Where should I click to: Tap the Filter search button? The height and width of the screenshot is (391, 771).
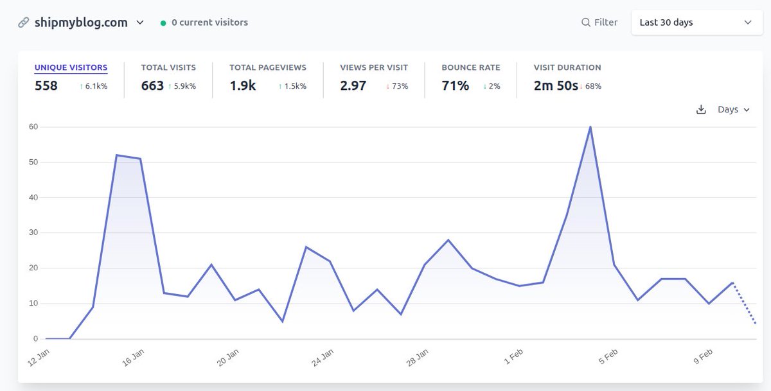599,22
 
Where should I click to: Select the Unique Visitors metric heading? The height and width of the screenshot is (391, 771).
71,67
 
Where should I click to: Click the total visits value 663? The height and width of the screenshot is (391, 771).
152,86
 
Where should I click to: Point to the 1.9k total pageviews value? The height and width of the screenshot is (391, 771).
243,86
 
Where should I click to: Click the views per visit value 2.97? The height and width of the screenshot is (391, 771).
353,86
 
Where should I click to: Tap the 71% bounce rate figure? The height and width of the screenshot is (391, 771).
455,86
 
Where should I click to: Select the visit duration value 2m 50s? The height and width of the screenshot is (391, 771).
556,86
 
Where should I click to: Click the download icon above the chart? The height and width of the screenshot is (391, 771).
701,110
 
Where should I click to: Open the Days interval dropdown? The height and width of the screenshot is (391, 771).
733,110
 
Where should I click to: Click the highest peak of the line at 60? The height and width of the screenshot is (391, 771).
590,127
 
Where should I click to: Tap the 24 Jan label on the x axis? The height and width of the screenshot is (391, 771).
323,358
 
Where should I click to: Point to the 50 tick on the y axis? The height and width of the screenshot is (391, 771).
33,162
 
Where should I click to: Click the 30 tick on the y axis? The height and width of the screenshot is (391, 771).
33,233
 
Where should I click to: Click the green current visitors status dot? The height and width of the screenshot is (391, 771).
164,23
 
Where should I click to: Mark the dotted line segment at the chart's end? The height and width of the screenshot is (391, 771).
745,304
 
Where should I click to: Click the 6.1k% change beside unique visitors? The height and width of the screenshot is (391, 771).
93,87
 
